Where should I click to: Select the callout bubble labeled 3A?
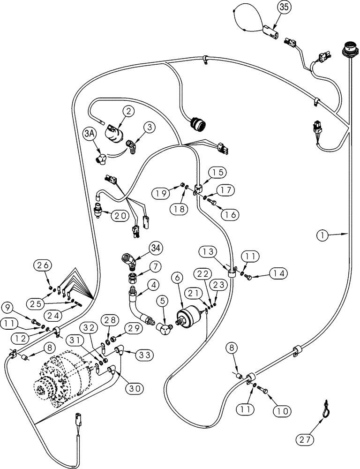[91, 135]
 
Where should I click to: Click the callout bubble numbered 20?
[120, 215]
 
